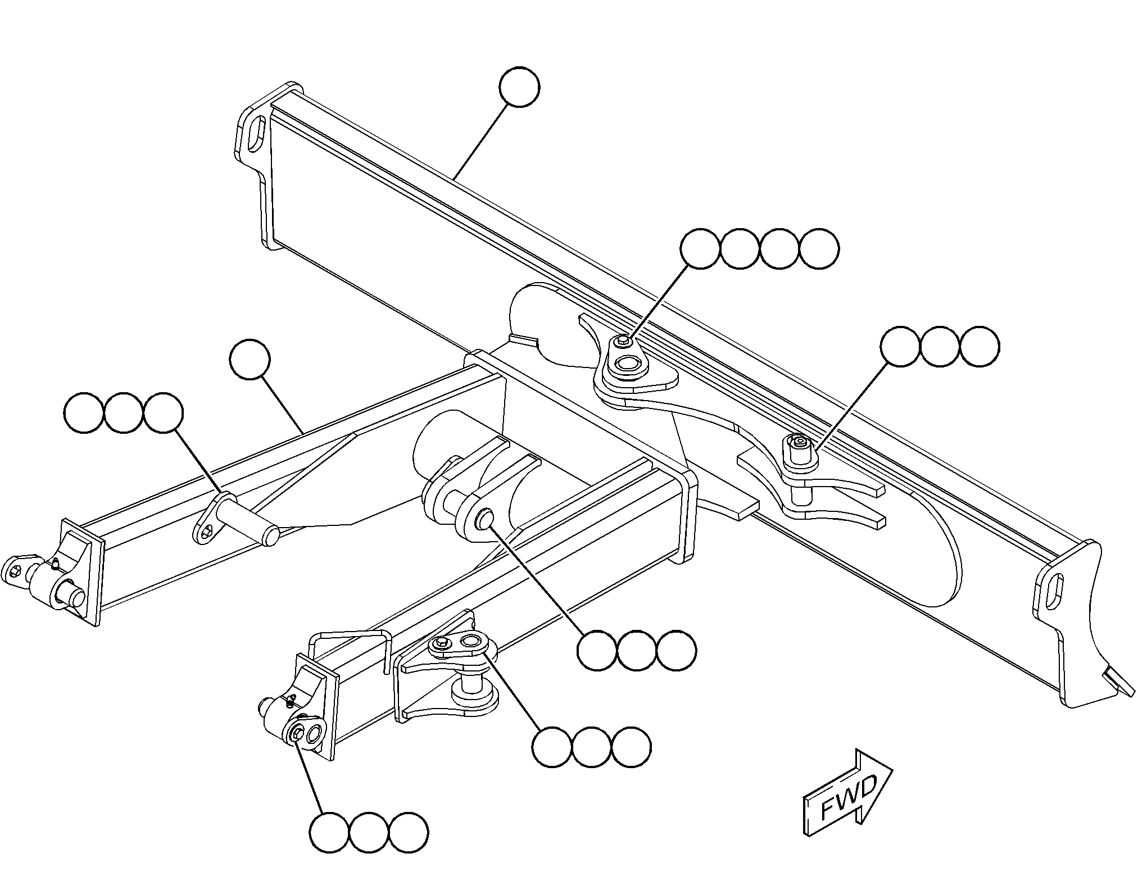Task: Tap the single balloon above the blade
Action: tap(519, 87)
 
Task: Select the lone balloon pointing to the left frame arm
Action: tap(250, 360)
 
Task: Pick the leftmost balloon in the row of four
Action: tap(700, 249)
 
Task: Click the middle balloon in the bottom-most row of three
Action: tap(369, 832)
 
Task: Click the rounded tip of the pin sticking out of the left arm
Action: tap(271, 534)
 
